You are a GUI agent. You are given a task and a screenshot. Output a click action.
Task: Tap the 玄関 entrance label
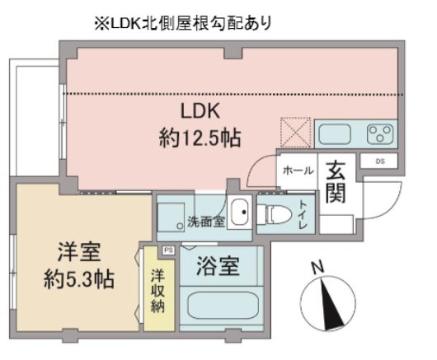[x=337, y=184]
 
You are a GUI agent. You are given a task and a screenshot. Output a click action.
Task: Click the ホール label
[x=297, y=171]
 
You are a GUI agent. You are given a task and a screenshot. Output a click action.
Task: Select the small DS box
[x=379, y=161]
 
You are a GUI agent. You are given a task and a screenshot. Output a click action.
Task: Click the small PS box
[x=169, y=250]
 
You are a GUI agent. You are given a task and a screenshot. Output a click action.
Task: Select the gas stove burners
[x=380, y=132]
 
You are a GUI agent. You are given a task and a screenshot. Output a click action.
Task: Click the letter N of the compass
[x=317, y=268]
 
